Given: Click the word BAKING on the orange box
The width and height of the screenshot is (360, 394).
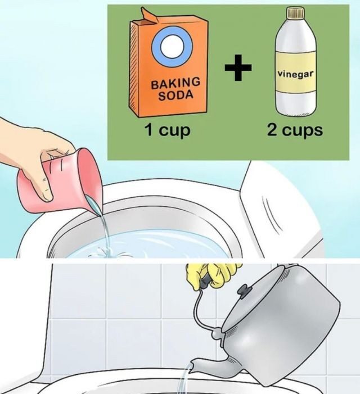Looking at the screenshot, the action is [x=175, y=83].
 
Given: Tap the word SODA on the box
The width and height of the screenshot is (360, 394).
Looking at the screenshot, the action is [x=176, y=96].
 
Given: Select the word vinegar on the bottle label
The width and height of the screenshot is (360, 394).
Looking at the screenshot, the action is [x=296, y=74].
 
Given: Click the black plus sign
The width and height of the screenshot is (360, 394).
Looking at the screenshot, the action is [x=238, y=67].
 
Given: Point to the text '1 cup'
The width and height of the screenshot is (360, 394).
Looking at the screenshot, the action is [x=167, y=130].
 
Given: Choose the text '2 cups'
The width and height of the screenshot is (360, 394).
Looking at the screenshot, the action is [x=295, y=130].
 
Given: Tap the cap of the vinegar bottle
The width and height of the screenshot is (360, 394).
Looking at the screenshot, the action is [x=296, y=13].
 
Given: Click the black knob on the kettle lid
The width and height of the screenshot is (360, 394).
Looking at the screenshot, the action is [x=245, y=290].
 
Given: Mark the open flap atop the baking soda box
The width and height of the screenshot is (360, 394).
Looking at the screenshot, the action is [x=150, y=16].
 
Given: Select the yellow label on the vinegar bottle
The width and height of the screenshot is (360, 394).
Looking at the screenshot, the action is [x=296, y=71].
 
